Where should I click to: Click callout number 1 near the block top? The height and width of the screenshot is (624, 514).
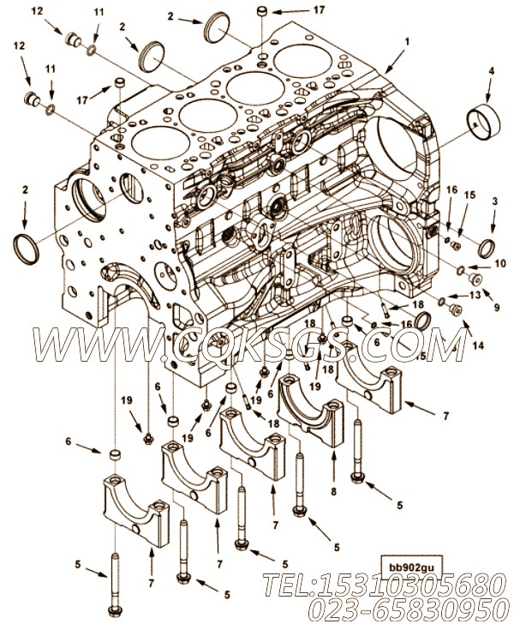click(408, 40)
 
